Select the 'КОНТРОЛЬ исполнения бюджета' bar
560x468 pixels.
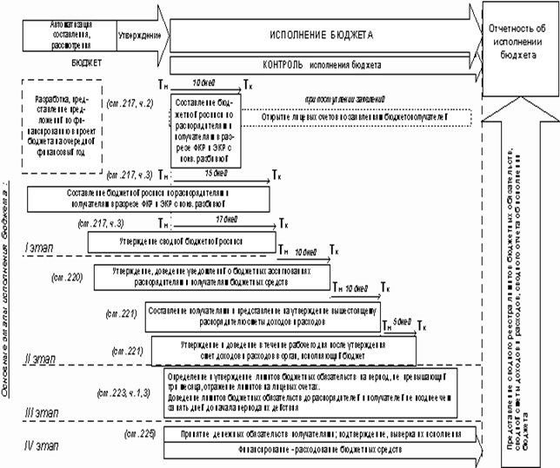pyautogui.click(x=321, y=65)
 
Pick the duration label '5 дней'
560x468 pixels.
pyautogui.click(x=400, y=321)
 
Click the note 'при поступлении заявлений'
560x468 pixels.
pyautogui.click(x=343, y=99)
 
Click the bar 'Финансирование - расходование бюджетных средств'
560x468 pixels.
pyautogui.click(x=313, y=451)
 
